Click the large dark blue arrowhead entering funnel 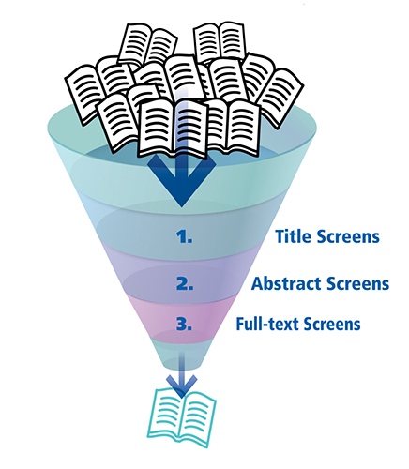[183, 189]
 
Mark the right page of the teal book [201, 414]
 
